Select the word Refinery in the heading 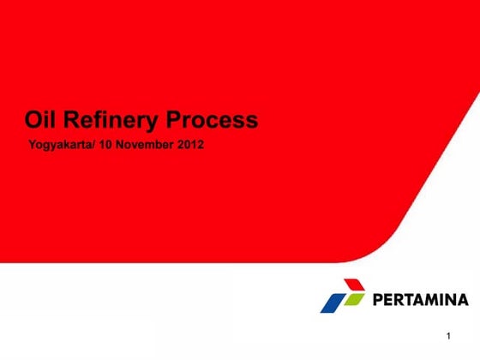click(x=111, y=120)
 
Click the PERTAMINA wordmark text click(x=421, y=300)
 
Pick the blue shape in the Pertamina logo click(x=333, y=302)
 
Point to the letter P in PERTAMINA click(x=379, y=300)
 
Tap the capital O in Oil click(x=33, y=120)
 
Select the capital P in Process click(x=175, y=120)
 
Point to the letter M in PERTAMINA click(x=433, y=300)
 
